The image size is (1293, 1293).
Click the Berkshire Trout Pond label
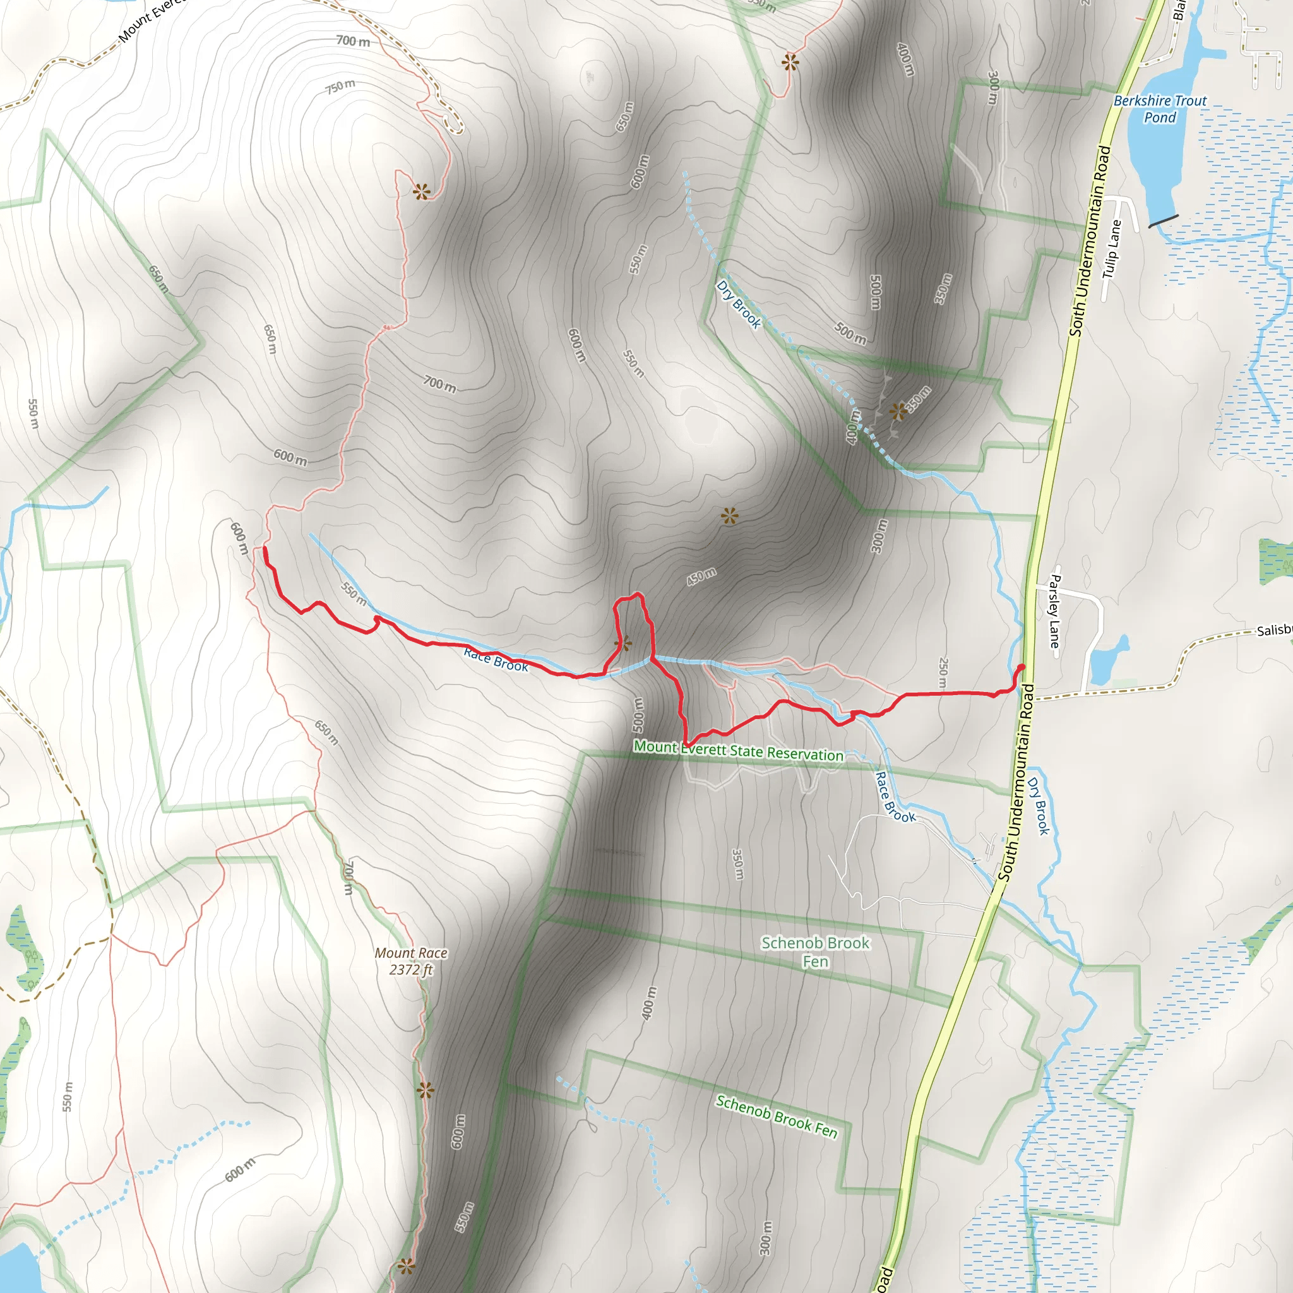[1159, 109]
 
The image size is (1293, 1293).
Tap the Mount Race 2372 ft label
[411, 961]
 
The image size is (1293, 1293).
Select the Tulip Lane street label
[1112, 249]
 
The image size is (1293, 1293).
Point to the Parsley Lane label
[1055, 611]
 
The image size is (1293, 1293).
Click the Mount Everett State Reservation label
[738, 751]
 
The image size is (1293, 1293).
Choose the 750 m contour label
[340, 86]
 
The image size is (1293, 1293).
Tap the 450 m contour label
[701, 576]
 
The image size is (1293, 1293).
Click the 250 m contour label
[943, 672]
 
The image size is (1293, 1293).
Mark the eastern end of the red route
[1022, 667]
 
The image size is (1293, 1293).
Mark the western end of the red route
[265, 549]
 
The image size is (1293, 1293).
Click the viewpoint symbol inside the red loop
[623, 644]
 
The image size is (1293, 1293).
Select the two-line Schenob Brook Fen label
[815, 951]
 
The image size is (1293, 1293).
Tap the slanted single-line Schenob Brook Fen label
[777, 1116]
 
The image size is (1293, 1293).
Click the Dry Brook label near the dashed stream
[739, 304]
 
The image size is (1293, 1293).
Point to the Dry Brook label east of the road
[1038, 806]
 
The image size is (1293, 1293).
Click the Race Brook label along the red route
[496, 660]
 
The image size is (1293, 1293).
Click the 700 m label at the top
[353, 42]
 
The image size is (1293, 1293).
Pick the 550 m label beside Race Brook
[354, 593]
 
